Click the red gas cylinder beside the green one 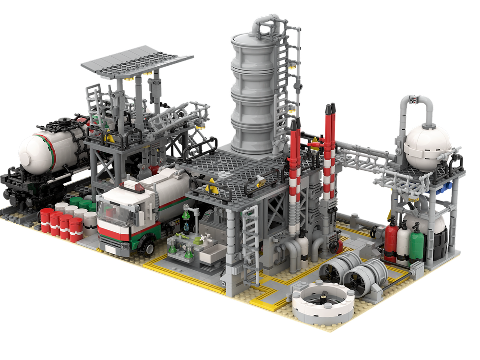coord(391,240)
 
